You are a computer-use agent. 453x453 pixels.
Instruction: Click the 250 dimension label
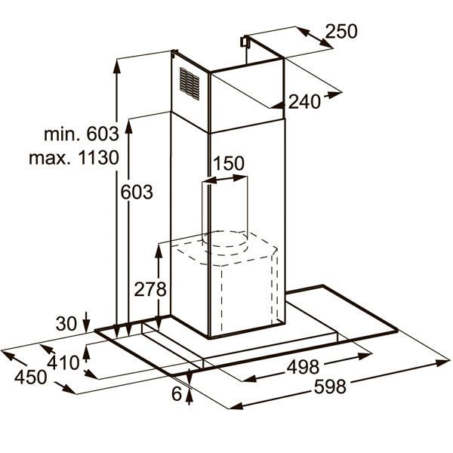(341, 32)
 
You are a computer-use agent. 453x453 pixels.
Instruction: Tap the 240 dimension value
(304, 102)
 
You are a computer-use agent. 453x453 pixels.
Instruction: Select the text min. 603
(82, 134)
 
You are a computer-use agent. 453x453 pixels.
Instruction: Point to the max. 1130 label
(74, 158)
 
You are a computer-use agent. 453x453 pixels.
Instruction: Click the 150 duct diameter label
(229, 163)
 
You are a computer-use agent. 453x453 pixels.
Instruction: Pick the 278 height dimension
(150, 289)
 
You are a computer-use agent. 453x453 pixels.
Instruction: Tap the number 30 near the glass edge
(66, 324)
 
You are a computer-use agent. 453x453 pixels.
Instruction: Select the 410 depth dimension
(63, 363)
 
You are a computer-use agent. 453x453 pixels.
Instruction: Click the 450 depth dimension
(30, 377)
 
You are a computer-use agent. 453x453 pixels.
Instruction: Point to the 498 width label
(303, 367)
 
